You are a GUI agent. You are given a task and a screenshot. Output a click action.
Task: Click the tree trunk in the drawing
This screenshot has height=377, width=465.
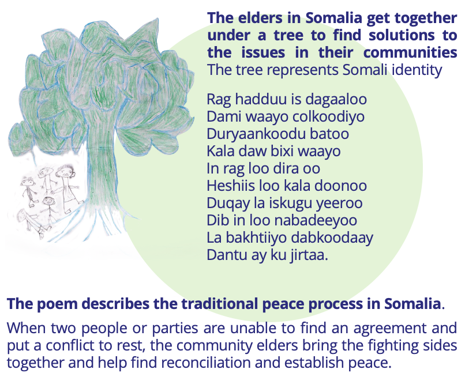coord(102,166)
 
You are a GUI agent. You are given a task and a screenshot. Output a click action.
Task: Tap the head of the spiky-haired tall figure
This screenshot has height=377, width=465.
coord(65,172)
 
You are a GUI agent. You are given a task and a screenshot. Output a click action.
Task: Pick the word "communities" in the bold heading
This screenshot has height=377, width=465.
coord(410,52)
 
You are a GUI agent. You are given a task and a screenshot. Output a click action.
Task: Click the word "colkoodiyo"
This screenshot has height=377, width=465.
coord(328,116)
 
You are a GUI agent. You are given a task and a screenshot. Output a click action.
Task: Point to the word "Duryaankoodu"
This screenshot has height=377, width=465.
coord(256,134)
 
